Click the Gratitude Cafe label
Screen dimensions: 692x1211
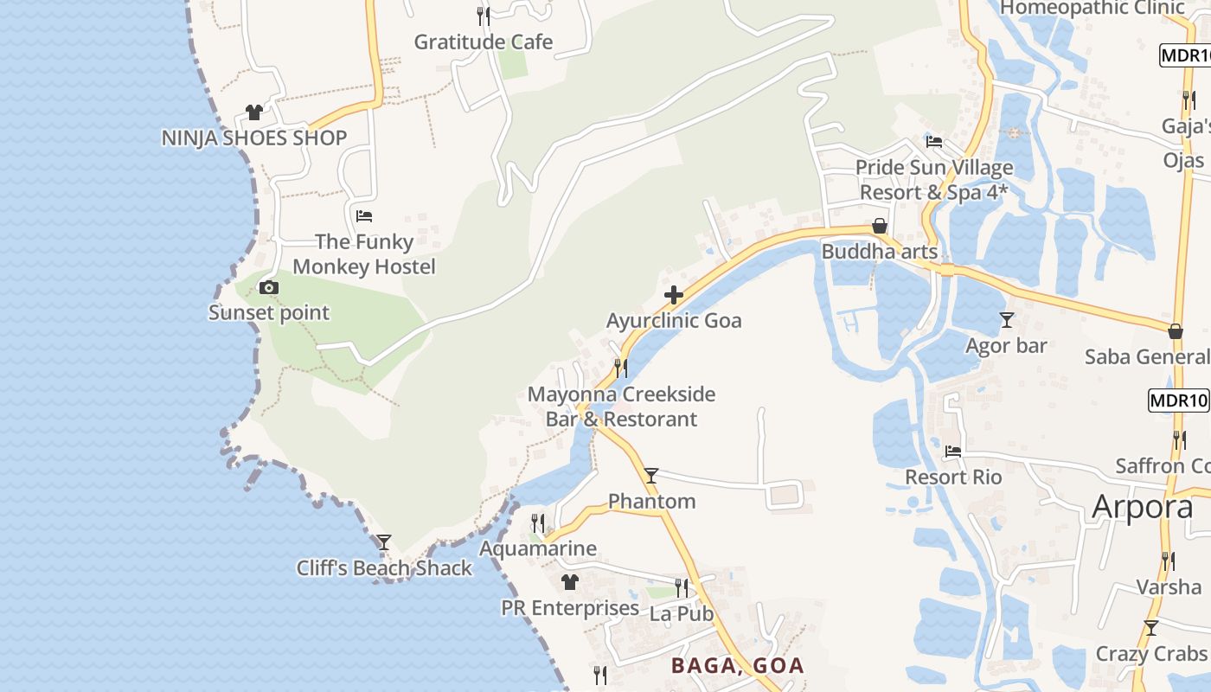[483, 42]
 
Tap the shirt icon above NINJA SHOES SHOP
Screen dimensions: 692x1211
[253, 112]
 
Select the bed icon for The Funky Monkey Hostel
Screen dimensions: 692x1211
[364, 215]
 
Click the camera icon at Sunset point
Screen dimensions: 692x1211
[269, 288]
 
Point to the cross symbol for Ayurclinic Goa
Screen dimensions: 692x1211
[674, 296]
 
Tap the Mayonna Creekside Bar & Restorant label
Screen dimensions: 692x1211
[621, 407]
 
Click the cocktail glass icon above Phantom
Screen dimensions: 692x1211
[651, 475]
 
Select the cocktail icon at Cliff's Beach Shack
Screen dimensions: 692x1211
[384, 542]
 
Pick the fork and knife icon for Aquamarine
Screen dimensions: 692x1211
[538, 522]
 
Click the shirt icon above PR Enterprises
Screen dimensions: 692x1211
[570, 582]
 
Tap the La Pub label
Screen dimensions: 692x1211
[681, 613]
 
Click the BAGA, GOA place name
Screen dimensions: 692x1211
[738, 666]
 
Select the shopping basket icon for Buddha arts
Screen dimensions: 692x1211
[880, 227]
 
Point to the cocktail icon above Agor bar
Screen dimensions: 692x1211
[1006, 320]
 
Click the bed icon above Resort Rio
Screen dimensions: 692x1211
[953, 452]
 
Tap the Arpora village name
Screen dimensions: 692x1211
[1142, 507]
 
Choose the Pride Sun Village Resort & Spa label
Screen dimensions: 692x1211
[934, 180]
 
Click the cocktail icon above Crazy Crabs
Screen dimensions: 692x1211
[1151, 628]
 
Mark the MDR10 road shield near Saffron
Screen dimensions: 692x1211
[1178, 400]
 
